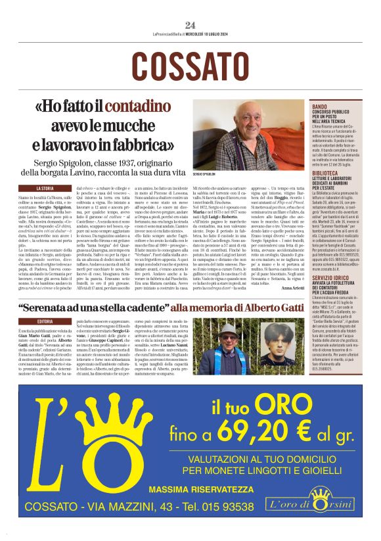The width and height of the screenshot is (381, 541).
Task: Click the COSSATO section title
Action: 190,66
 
